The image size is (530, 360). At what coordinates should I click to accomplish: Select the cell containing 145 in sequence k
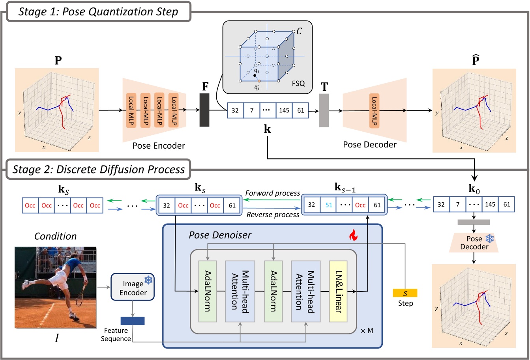[x=284, y=110]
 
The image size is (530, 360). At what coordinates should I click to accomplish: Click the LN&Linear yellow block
[x=338, y=291]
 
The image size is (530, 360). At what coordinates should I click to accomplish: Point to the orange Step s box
[x=405, y=293]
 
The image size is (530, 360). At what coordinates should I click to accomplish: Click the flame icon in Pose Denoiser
[x=352, y=236]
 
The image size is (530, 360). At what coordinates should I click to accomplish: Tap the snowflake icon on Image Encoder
[x=148, y=280]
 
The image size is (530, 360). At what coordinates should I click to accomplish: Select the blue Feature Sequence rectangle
[x=133, y=321]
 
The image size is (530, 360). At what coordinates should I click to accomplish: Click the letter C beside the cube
[x=299, y=31]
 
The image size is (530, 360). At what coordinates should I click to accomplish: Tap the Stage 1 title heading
[x=99, y=11]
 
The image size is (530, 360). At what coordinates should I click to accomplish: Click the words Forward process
[x=272, y=193]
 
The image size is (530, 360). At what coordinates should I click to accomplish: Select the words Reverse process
[x=273, y=215]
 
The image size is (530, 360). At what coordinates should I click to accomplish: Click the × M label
[x=367, y=330]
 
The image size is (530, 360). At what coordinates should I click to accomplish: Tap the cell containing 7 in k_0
[x=458, y=204]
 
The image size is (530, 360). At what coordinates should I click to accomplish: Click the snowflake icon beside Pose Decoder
[x=489, y=239]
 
